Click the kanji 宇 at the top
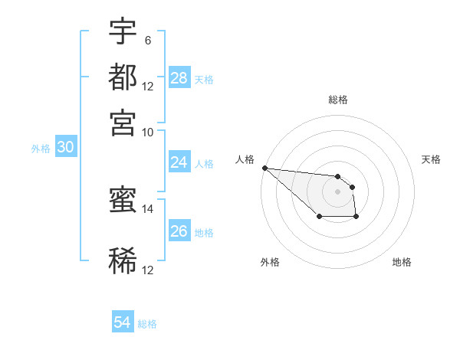click(123, 33)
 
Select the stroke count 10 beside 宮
click(147, 132)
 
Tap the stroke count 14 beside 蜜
click(147, 208)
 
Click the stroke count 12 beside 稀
click(147, 270)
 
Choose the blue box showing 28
click(179, 78)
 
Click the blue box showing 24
click(179, 162)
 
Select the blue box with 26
click(179, 231)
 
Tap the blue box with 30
click(65, 149)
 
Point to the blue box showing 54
click(123, 323)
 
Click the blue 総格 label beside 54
click(147, 324)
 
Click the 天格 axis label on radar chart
click(432, 159)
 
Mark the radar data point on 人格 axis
click(264, 168)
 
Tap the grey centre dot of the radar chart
click(337, 191)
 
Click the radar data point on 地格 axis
click(356, 218)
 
